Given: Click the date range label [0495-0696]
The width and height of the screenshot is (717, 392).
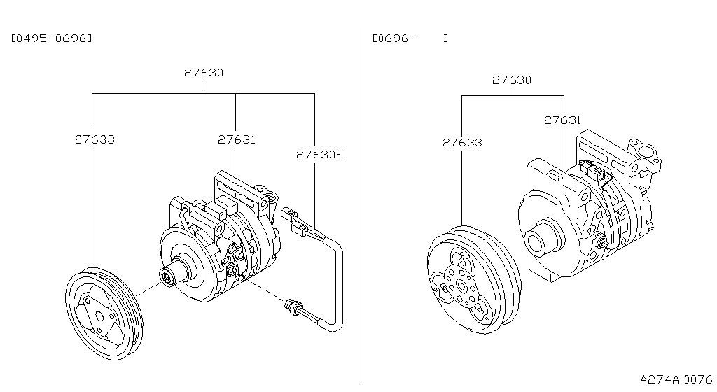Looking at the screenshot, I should [51, 38].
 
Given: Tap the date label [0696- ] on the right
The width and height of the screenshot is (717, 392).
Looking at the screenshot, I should [410, 38].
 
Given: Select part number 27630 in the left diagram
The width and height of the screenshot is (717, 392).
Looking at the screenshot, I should [204, 72].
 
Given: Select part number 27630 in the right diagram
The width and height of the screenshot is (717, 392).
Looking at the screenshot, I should [511, 80].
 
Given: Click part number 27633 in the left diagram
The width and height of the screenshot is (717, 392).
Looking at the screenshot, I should [95, 139].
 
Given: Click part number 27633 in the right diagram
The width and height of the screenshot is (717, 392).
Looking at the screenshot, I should [462, 142].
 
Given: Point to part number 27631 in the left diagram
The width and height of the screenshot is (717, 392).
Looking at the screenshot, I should [236, 139].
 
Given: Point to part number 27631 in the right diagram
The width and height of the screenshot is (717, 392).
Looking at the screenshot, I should [562, 120].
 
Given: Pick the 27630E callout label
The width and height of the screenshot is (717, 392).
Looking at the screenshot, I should [319, 154].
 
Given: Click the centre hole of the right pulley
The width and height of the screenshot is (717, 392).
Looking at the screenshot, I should [463, 287].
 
